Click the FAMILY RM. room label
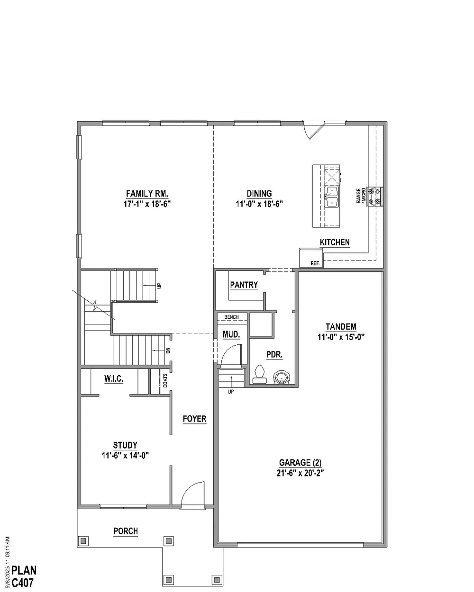147,194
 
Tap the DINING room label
259,194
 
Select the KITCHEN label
335,242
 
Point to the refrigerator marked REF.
311,258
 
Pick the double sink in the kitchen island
332,197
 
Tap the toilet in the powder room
259,375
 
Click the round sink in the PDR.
282,377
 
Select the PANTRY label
244,285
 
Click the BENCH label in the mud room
231,317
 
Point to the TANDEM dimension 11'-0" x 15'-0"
341,337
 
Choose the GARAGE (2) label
300,463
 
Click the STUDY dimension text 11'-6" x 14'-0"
125,456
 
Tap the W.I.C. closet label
114,379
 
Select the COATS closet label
165,380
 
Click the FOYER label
194,419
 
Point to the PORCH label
126,531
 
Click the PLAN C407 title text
24,576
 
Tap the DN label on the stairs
169,350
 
